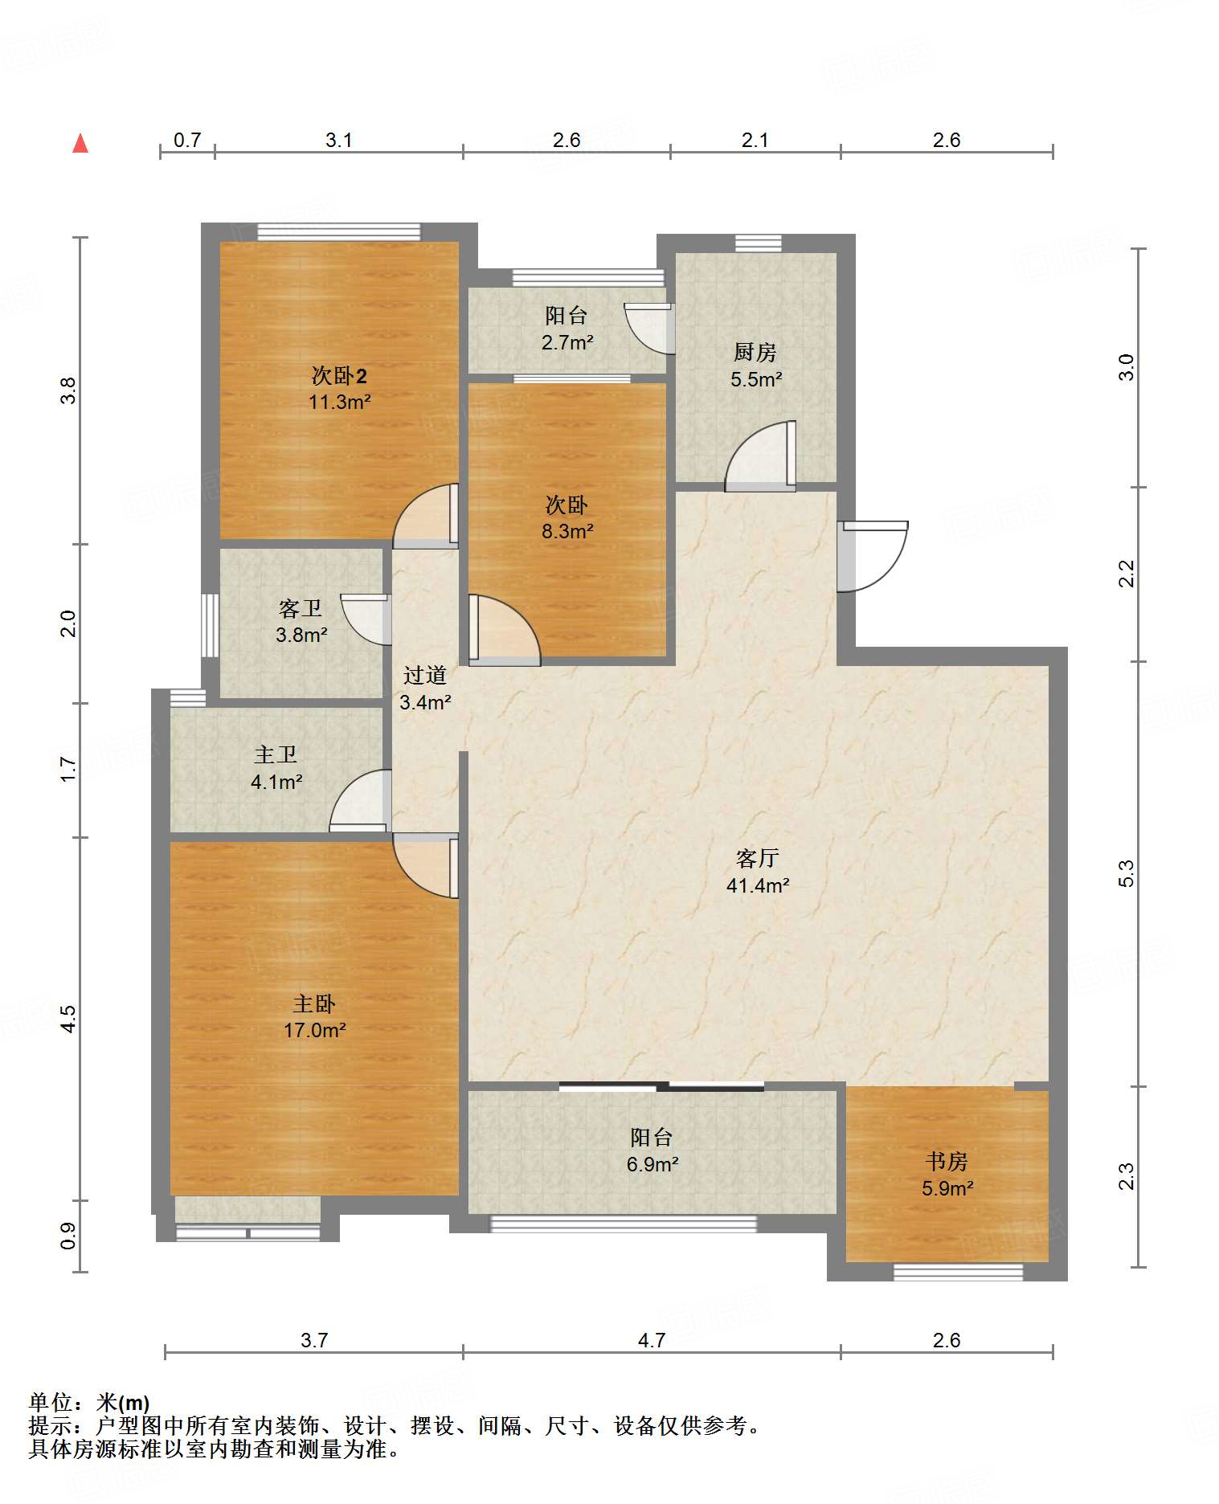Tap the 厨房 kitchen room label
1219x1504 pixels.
[755, 352]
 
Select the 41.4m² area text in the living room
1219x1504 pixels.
[758, 885]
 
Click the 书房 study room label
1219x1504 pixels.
[947, 1161]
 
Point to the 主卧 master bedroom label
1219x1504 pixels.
[314, 1003]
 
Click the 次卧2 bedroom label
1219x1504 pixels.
[339, 375]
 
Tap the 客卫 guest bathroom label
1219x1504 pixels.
[301, 608]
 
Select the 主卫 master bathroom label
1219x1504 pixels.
[276, 754]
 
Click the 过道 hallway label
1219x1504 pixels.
[424, 675]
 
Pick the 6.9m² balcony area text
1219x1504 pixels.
[652, 1164]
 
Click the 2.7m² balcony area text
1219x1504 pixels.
[567, 342]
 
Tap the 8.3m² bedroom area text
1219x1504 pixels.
[567, 531]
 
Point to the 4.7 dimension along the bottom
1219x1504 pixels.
[652, 1340]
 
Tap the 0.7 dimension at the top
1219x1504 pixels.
[187, 140]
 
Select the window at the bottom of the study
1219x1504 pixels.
[958, 1273]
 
